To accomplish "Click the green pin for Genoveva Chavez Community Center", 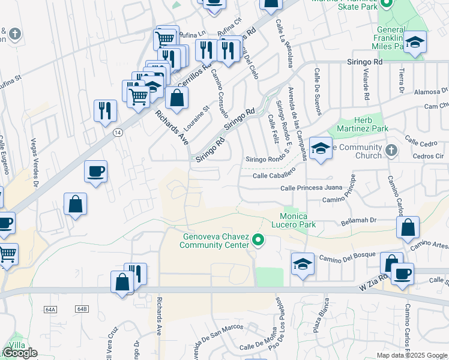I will pyautogui.click(x=258, y=241).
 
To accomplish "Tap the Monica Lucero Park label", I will pyautogui.click(x=294, y=220).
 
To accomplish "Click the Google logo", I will pyautogui.click(x=20, y=353).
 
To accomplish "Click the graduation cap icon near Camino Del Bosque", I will pyautogui.click(x=303, y=264).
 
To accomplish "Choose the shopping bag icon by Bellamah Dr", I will pyautogui.click(x=408, y=228).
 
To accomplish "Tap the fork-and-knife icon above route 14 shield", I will pyautogui.click(x=105, y=110).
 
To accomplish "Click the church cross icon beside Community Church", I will pyautogui.click(x=391, y=149).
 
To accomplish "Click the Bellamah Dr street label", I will pyautogui.click(x=358, y=220).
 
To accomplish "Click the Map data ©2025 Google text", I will pyautogui.click(x=412, y=355).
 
